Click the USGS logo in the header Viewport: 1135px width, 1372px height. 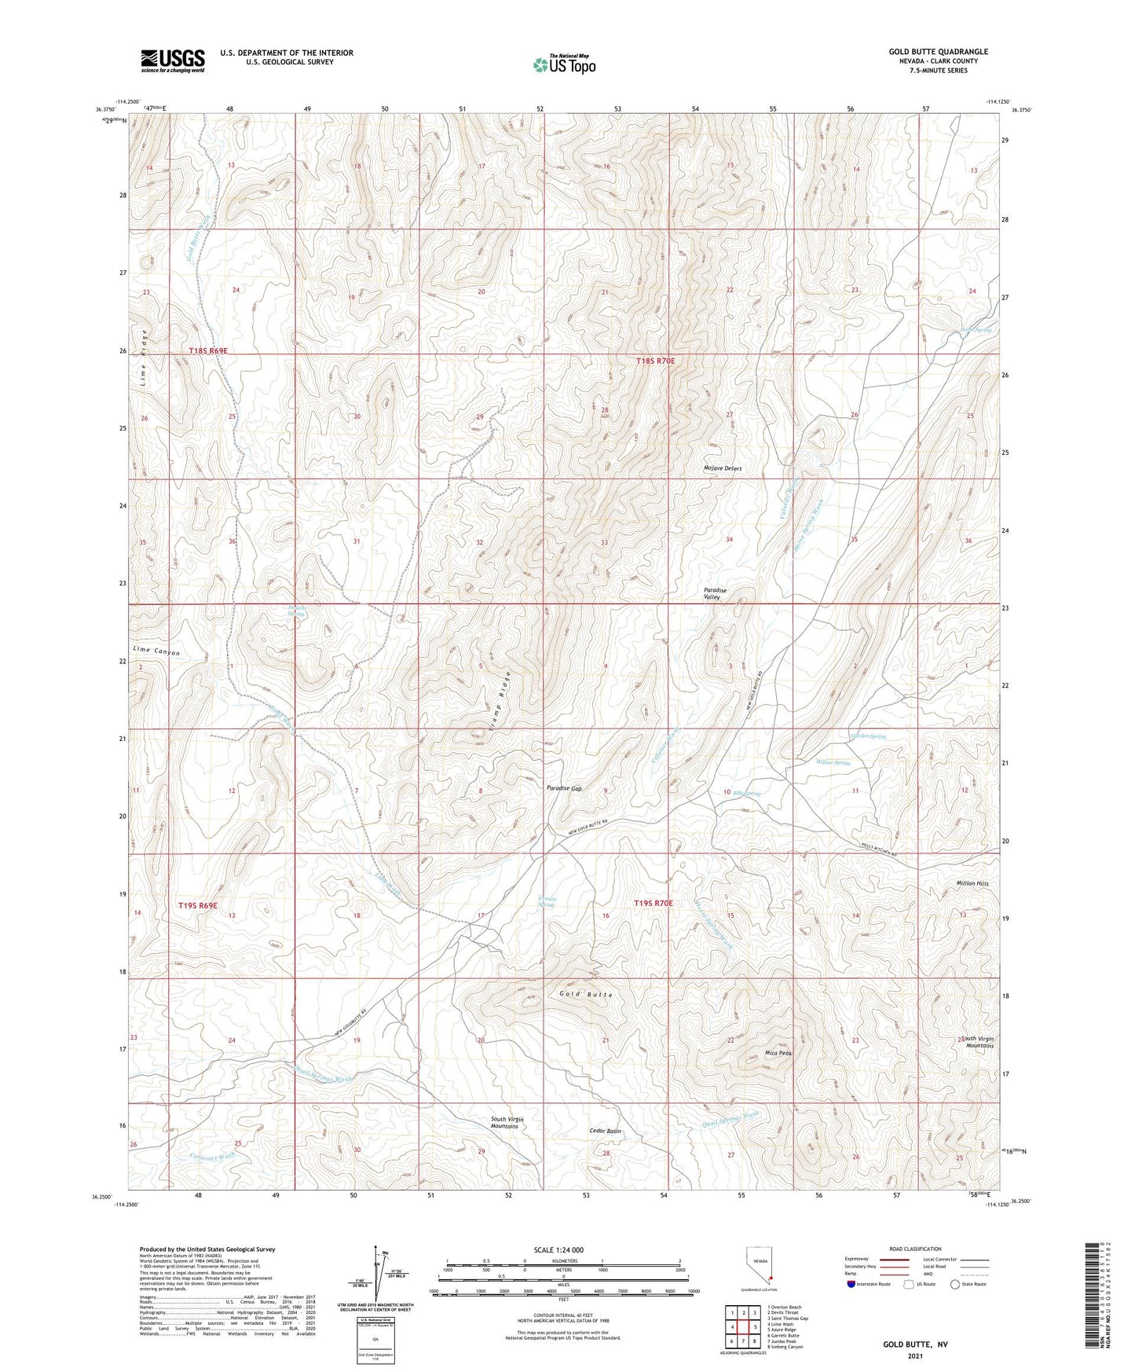click(x=173, y=61)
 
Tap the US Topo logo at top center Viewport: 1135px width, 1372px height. click(x=563, y=64)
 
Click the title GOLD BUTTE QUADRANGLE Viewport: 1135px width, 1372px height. click(x=938, y=52)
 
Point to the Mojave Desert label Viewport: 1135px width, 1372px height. click(x=722, y=468)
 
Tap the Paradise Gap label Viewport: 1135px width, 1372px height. click(x=564, y=788)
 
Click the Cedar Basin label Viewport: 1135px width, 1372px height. click(x=605, y=1131)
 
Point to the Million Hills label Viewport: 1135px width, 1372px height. click(x=972, y=883)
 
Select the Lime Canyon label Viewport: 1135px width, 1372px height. click(x=156, y=651)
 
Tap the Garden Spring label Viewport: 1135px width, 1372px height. click(x=868, y=736)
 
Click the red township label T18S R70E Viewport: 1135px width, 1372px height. click(x=655, y=361)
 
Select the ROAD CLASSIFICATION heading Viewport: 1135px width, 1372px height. click(x=915, y=1249)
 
